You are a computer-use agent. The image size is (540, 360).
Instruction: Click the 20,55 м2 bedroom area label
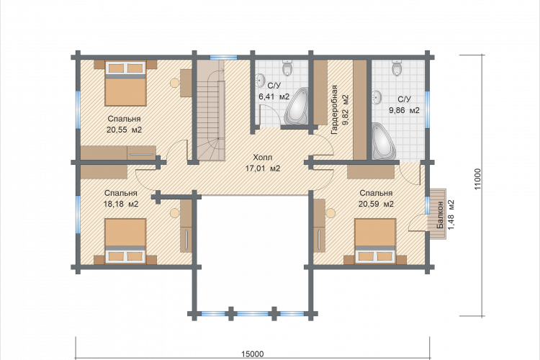tap(124, 130)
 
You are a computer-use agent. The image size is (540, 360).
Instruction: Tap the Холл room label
tap(262, 158)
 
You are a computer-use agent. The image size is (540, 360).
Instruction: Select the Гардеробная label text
tap(334, 110)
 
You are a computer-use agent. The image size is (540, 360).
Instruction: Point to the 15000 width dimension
tap(253, 354)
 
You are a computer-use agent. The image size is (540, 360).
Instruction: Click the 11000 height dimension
tap(477, 179)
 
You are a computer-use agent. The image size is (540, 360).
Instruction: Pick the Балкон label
tap(440, 215)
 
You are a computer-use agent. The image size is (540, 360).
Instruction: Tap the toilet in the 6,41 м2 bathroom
tap(287, 68)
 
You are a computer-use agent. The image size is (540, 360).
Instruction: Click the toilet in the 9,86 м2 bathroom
tap(397, 68)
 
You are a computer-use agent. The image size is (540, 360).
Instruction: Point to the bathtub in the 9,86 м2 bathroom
tap(383, 141)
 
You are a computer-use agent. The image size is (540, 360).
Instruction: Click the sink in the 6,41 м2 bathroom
tap(261, 81)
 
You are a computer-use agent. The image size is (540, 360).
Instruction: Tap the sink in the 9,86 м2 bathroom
tap(377, 97)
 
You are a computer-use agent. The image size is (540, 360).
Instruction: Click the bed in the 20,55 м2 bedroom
tap(126, 83)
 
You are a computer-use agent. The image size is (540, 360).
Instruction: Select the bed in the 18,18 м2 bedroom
tap(125, 240)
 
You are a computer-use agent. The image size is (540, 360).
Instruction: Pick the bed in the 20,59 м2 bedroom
tap(375, 240)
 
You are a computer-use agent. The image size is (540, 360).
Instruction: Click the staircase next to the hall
tap(210, 110)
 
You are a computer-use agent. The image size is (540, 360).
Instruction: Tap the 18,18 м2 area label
tap(121, 204)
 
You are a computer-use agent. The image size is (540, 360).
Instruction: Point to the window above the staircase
tap(223, 57)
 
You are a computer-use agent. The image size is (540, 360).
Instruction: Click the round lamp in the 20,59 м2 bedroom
tap(330, 213)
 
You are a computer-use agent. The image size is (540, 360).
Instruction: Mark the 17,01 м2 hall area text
tap(262, 168)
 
